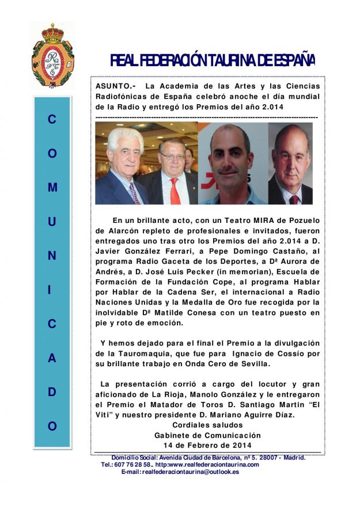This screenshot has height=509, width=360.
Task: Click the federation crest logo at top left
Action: coord(52,55)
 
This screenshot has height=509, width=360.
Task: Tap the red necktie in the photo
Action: coord(175,191)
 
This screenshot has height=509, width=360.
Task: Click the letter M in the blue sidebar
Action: coord(52,188)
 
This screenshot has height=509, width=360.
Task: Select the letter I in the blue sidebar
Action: coord(52,290)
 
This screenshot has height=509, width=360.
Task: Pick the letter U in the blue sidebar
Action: coord(52,222)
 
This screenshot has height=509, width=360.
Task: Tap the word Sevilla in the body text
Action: coord(252,364)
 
